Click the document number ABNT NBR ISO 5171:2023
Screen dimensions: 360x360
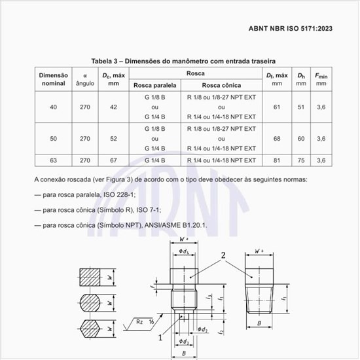coord(291,28)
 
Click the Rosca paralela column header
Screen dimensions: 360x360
coord(155,85)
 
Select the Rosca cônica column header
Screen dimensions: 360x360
coord(221,85)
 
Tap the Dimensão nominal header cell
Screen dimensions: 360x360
coord(54,79)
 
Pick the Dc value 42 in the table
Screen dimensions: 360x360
coord(114,107)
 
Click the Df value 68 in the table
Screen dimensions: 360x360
coord(277,139)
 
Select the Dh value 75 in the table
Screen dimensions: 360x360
coord(301,160)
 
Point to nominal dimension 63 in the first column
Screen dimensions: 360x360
coord(54,160)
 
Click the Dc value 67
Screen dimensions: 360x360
coord(114,160)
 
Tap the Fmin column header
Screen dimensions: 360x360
coord(321,79)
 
